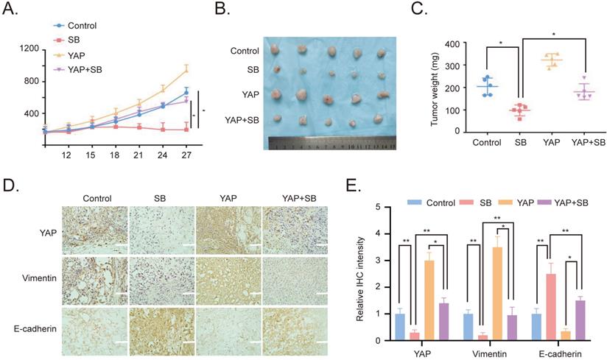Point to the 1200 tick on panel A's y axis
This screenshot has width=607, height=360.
(x=29, y=49)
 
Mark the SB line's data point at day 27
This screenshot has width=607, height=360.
(x=186, y=130)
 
